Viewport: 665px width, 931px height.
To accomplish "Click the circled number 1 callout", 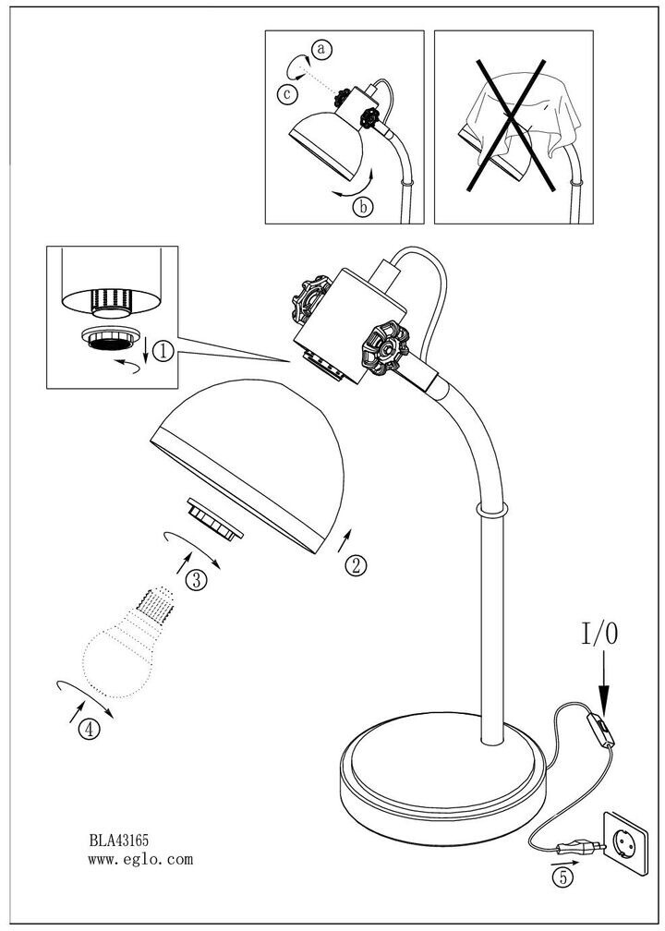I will coord(163,351).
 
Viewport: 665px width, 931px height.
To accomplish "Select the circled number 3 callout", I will coord(195,579).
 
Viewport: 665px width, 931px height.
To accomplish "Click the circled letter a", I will coord(320,49).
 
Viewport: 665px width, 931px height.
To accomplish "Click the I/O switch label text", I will coord(600,634).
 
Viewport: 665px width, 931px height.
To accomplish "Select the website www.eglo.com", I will coord(140,859).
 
